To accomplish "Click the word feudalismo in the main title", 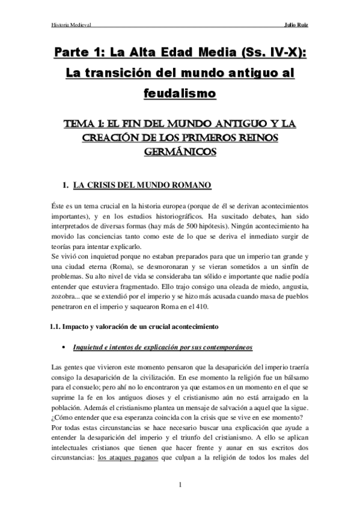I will [x=180, y=94].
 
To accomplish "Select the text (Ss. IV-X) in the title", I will [x=272, y=54].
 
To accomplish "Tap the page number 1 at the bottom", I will [x=180, y=485].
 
